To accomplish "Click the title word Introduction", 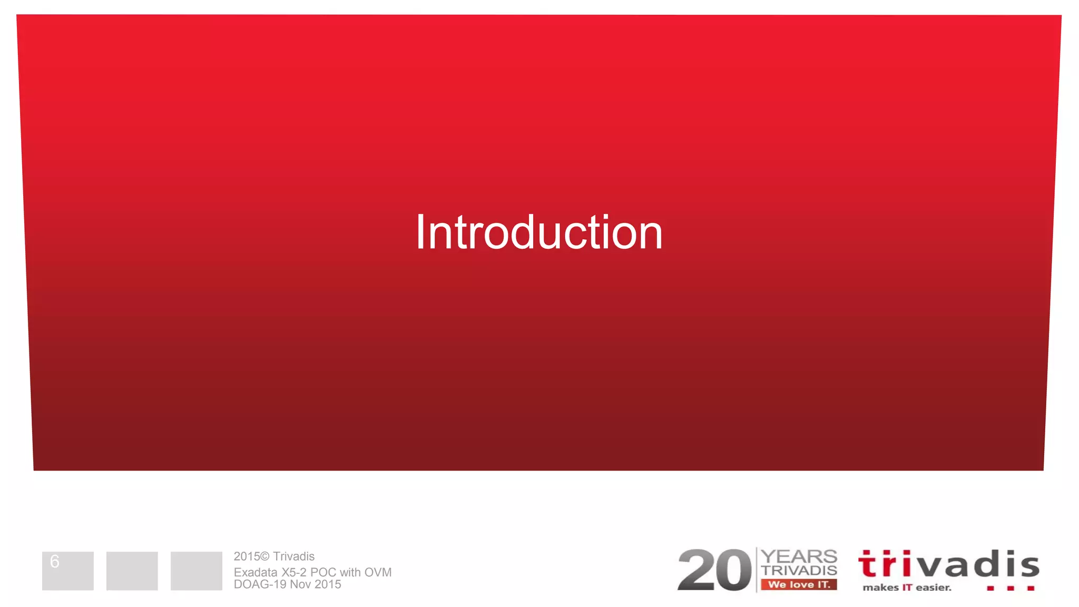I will pos(538,232).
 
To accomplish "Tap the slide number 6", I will pos(54,562).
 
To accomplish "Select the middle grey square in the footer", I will pos(132,571).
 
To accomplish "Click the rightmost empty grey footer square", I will pos(196,571).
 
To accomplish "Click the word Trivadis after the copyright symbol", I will pos(293,556).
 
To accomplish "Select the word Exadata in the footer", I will pos(256,572).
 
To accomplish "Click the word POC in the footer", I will pos(323,572).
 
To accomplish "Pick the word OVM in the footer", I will pos(378,572).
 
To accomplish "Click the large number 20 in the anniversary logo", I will pos(714,570).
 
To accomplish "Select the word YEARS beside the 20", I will pos(799,556).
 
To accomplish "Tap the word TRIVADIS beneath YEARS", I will pos(799,570).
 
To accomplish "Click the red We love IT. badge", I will pos(799,584).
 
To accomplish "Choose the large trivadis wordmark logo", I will pos(948,564).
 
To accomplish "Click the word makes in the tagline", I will pos(880,588).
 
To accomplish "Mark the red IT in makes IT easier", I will pos(907,588).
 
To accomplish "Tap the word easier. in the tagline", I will pos(934,588).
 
